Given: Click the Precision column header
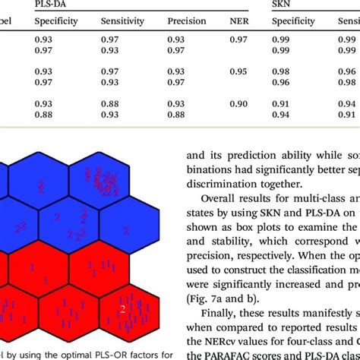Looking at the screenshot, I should pyautogui.click(x=187, y=21).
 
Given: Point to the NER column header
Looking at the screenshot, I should pyautogui.click(x=238, y=21).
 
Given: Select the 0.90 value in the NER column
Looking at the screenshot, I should pyautogui.click(x=238, y=103).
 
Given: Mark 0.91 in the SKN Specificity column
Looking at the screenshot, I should pyautogui.click(x=282, y=103).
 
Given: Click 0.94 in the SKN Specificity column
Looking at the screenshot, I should pyautogui.click(x=282, y=115).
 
